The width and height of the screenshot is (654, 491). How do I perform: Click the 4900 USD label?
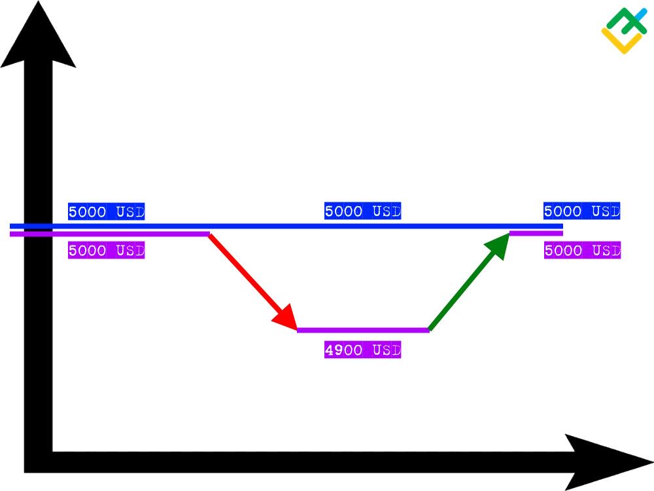pyautogui.click(x=362, y=350)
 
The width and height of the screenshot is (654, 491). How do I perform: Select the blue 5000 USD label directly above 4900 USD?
pyautogui.click(x=362, y=211)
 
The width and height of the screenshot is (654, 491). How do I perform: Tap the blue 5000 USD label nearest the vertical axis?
pyautogui.click(x=107, y=211)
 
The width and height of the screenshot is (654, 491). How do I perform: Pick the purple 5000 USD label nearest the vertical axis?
pyautogui.click(x=107, y=251)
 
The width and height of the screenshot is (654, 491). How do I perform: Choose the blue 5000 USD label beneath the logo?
pyautogui.click(x=582, y=211)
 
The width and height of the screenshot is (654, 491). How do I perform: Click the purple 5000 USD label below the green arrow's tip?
pyautogui.click(x=582, y=250)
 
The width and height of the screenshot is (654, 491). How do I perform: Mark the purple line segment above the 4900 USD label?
pyautogui.click(x=363, y=330)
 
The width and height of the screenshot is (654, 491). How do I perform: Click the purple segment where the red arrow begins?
pyautogui.click(x=109, y=234)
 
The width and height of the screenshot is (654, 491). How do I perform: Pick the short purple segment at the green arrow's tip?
pyautogui.click(x=536, y=233)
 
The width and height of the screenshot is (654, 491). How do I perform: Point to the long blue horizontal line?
pyautogui.click(x=286, y=227)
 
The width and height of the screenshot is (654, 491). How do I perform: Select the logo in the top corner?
pyautogui.click(x=625, y=31)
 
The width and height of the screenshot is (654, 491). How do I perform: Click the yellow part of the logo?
pyautogui.click(x=621, y=42)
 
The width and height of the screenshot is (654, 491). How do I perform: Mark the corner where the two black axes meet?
pyautogui.click(x=39, y=462)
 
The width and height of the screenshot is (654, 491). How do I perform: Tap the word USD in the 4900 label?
pyautogui.click(x=387, y=350)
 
